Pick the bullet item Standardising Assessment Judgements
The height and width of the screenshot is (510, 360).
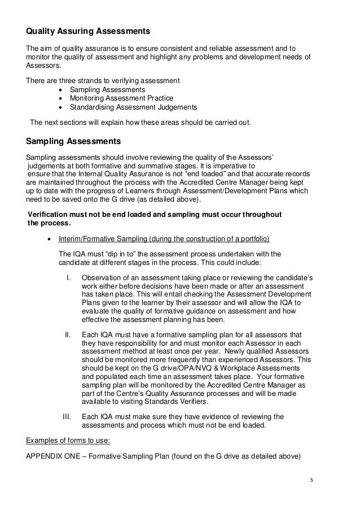pyautogui.click(x=133, y=107)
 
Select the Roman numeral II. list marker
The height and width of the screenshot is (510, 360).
pyautogui.click(x=69, y=335)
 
